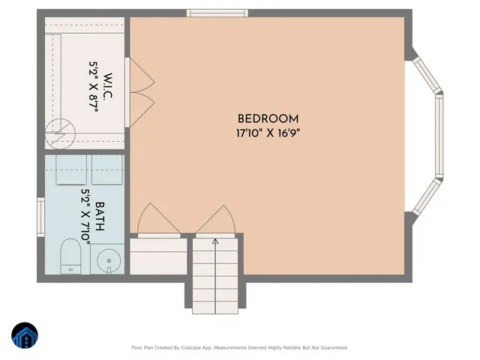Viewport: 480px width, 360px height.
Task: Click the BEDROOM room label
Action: (x=268, y=118)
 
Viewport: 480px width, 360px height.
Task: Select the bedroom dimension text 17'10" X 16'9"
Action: (x=268, y=132)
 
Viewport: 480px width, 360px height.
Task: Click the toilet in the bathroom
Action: (x=70, y=255)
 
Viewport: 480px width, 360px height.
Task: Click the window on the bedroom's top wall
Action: (x=208, y=13)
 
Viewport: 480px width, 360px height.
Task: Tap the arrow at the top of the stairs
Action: (x=216, y=241)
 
